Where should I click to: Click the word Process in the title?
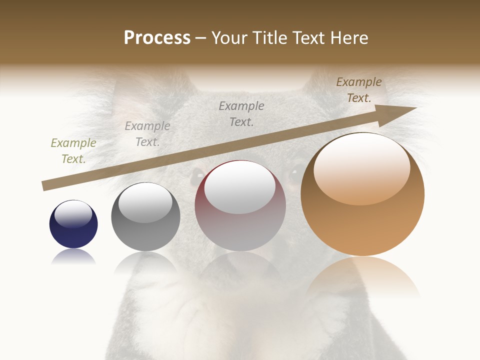point(157,38)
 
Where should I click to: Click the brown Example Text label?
point(359,90)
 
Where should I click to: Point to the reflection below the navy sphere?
point(73,257)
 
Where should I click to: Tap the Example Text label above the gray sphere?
point(147,134)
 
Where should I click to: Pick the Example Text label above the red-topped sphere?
point(241,114)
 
